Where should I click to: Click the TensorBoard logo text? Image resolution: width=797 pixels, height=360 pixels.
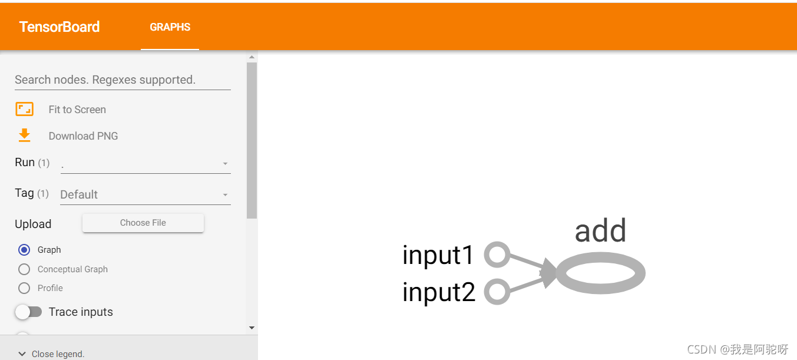(59, 27)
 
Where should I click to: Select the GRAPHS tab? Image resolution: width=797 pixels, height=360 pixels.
(170, 27)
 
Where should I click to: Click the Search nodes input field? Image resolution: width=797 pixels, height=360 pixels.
(123, 80)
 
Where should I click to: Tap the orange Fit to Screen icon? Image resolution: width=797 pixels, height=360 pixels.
(24, 109)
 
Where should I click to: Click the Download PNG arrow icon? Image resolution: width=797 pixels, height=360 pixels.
(24, 136)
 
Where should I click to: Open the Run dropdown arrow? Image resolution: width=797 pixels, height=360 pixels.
(225, 164)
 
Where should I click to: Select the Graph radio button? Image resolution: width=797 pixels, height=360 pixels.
(24, 250)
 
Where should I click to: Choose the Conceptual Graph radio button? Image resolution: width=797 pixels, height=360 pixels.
(24, 269)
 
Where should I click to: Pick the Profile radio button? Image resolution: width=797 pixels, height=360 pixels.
(24, 288)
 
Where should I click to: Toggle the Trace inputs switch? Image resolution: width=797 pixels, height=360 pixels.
(28, 312)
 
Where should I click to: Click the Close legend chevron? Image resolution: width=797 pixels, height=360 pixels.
(22, 354)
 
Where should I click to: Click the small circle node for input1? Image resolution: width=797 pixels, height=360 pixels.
(497, 255)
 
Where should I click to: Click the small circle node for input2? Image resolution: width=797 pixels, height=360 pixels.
(497, 292)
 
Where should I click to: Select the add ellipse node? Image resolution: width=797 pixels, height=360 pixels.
(600, 273)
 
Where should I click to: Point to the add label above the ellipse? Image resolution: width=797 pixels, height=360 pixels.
(600, 230)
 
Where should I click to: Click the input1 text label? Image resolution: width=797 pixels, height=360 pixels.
(438, 255)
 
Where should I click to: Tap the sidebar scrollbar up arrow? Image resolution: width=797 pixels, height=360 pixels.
(252, 57)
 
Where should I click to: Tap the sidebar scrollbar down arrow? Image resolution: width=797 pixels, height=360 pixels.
(252, 328)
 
